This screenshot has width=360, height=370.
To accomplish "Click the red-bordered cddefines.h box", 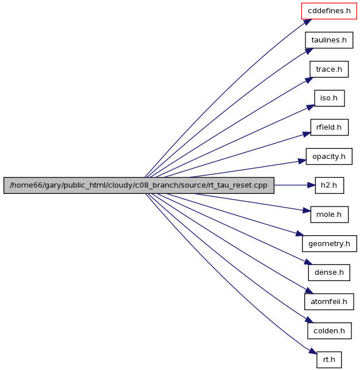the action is point(329,11).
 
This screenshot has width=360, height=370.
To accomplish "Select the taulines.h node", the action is point(329,40).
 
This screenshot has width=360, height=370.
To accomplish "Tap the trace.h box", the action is point(329,69).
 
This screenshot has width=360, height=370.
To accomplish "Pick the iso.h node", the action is point(330,98).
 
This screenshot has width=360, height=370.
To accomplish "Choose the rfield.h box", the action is point(330,127).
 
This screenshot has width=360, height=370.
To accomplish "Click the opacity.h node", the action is point(329,157).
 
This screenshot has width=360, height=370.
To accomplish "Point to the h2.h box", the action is point(330,185).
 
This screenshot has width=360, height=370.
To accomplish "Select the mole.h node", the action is point(330,215).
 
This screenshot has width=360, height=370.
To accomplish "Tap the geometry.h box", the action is point(330,244).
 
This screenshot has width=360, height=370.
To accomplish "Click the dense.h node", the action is point(329,272).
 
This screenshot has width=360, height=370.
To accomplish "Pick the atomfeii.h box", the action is point(329,302).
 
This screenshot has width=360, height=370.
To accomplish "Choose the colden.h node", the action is point(330,331).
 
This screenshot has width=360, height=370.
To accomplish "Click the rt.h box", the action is point(329,360).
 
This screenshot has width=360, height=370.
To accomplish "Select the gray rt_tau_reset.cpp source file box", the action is point(139,185).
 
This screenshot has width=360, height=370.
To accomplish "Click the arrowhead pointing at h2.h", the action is point(311,185).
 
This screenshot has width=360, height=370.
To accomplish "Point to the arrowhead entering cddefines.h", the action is point(308,22).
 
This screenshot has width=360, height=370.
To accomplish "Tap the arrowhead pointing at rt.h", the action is point(313,351).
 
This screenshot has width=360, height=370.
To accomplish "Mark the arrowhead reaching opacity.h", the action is point(302,161).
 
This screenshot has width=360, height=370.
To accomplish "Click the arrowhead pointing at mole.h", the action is point(307,211).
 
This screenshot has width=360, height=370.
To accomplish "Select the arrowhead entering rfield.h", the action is point(307,134).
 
